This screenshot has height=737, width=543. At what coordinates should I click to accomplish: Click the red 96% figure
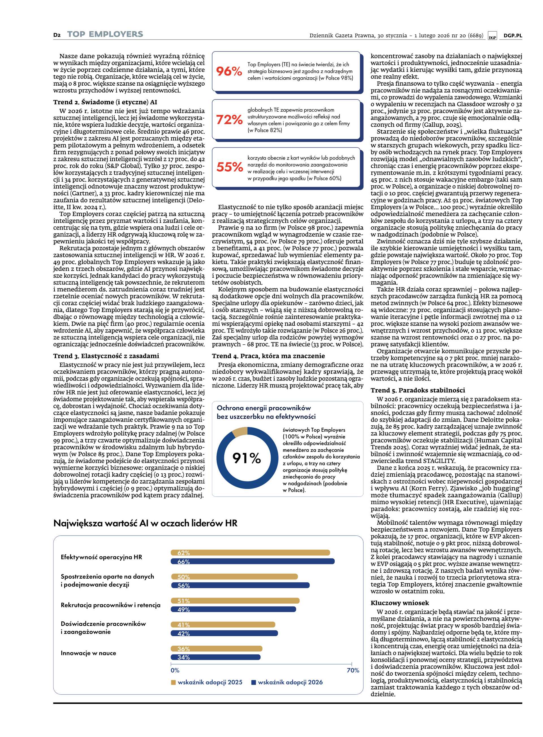229,71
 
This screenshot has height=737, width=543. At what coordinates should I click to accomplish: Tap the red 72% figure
229,120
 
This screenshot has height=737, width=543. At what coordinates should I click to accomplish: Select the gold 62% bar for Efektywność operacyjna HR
250,553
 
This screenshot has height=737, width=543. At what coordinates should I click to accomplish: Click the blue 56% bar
240,585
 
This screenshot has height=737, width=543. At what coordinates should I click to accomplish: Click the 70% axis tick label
353,670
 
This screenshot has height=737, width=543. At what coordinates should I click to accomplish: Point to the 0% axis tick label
175,670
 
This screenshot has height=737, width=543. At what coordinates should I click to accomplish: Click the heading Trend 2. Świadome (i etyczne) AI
105,102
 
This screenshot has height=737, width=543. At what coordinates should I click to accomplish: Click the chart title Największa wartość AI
145,523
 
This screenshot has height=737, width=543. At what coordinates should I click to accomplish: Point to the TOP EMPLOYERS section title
105,34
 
